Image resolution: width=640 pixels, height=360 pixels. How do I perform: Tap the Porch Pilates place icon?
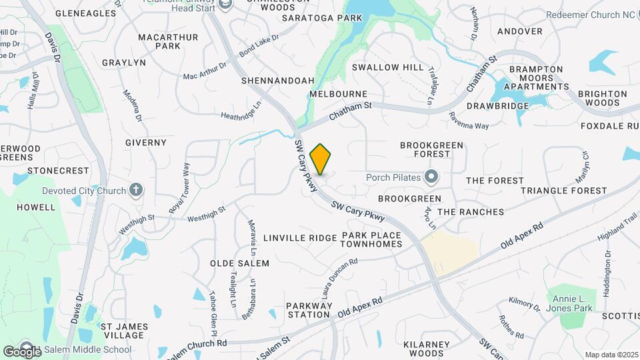coord(431,177)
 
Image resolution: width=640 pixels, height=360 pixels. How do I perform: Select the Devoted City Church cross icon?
coord(136,191)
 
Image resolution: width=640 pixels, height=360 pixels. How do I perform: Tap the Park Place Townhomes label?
coord(371,240)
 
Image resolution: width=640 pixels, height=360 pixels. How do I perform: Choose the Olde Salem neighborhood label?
coord(240,263)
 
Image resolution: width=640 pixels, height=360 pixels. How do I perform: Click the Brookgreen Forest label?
coord(425,149)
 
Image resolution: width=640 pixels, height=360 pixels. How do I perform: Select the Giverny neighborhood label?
coord(146,143)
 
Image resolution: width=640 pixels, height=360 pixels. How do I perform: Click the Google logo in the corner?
coord(22,351)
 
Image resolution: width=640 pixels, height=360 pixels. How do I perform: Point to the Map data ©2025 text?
coord(611,355)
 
